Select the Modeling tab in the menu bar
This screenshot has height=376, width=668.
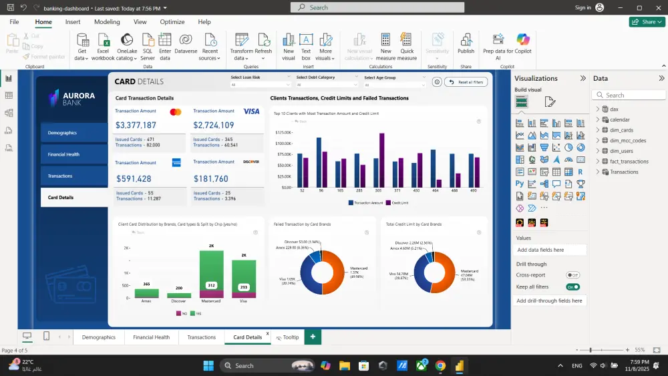[x=107, y=22]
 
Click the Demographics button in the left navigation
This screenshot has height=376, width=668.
[x=73, y=133]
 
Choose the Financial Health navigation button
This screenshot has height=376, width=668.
[x=73, y=154]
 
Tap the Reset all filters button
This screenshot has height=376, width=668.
[x=470, y=82]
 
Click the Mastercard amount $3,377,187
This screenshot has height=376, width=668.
[x=136, y=125]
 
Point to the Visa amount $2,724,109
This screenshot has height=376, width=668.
[x=214, y=125]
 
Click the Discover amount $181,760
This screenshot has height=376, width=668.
[x=211, y=179]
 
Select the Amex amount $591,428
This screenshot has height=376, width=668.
[x=134, y=179]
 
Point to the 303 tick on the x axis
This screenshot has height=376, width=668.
[x=378, y=191]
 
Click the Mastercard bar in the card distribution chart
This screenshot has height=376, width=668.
[x=212, y=274]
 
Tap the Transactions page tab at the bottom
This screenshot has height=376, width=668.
[x=201, y=337]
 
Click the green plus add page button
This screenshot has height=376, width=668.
[x=312, y=337]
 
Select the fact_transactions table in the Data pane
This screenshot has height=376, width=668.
[x=629, y=162]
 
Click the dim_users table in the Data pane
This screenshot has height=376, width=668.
[x=621, y=151]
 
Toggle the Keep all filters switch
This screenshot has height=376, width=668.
[x=572, y=287]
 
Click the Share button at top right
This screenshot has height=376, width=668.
[x=647, y=22]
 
